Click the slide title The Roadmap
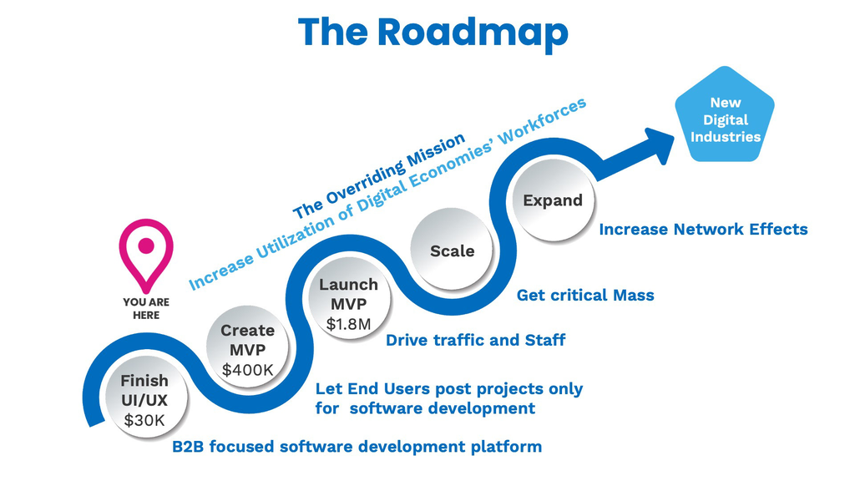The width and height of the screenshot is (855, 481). (433, 33)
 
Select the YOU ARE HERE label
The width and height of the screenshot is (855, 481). (146, 308)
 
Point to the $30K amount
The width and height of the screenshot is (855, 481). (144, 420)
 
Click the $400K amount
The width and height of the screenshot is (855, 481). (246, 369)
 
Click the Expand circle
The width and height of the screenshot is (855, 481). (552, 200)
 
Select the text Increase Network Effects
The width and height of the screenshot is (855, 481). (703, 229)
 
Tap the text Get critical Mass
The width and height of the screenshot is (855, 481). (585, 295)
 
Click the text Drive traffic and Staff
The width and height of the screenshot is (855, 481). (475, 340)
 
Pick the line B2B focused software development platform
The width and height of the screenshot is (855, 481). (357, 447)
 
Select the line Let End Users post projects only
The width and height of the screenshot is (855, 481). (448, 389)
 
